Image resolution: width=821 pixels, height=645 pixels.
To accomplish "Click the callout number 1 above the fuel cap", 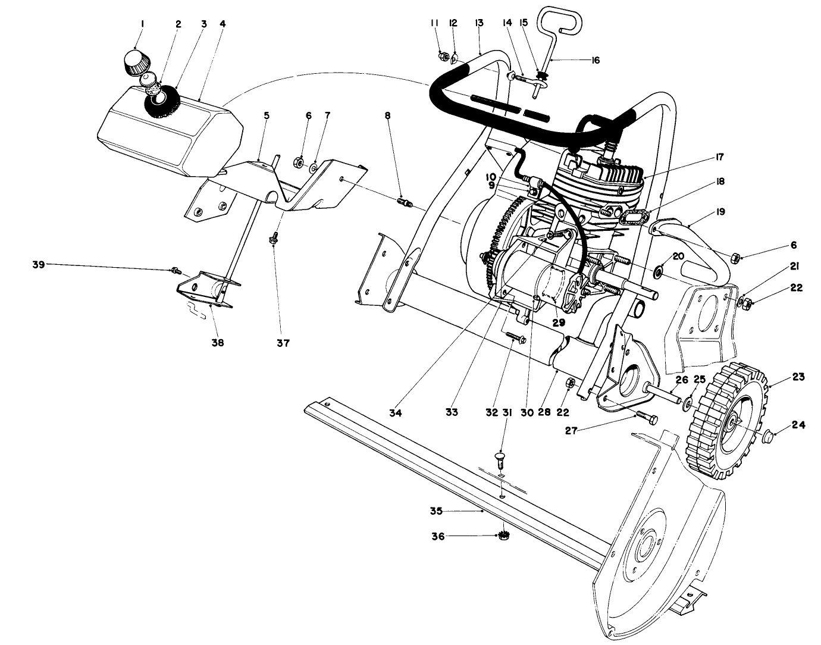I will pos(142,24).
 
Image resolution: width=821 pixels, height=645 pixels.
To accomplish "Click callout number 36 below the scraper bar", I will pos(437,536).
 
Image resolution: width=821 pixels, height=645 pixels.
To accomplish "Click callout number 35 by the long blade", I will pos(437,511).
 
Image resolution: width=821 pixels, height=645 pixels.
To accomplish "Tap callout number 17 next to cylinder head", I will pos(719,157).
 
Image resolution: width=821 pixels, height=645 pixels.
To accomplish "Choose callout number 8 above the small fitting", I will pos(388,116).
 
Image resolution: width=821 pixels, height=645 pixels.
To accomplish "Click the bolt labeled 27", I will pos(645,418).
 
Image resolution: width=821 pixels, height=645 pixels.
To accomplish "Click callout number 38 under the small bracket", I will pos(218,343).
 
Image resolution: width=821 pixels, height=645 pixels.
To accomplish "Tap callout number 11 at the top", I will pos(434,23).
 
